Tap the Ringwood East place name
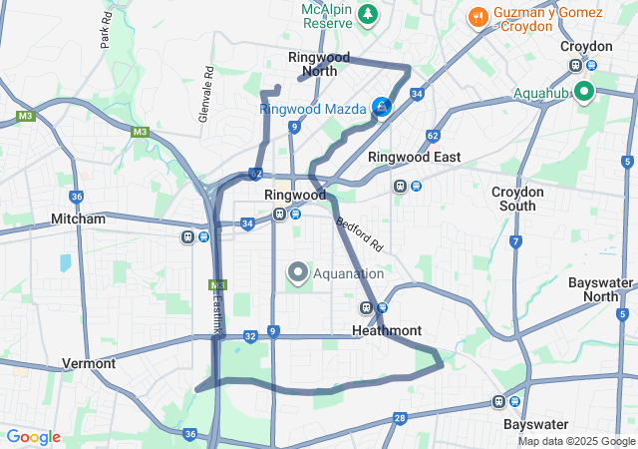pos(414,157)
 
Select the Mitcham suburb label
pos(78,218)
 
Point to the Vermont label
pos(89,363)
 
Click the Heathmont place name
pos(387,330)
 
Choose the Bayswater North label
pos(600,289)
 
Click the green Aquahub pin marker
pos(583,93)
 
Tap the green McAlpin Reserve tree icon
pos(369,14)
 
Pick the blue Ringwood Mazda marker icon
pos(382,107)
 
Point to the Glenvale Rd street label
pos(206,95)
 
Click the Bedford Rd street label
pos(360,233)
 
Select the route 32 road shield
pos(249,336)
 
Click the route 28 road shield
pos(400,418)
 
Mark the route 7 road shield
pos(515,241)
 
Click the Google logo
pos(33,437)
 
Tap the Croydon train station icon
pos(576,65)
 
